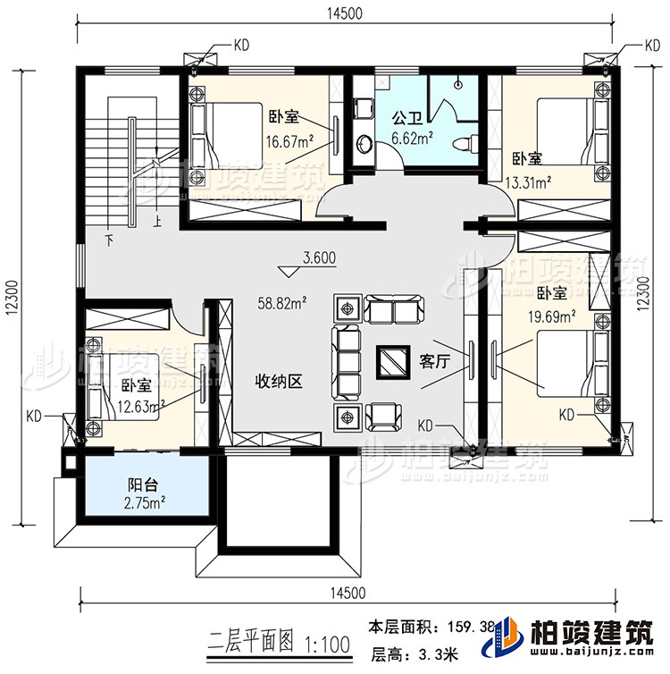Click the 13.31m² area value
(527, 183)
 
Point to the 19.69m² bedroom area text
(553, 314)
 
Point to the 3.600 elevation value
(318, 258)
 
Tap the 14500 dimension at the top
(344, 12)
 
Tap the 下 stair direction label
(109, 240)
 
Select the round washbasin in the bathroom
(364, 143)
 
